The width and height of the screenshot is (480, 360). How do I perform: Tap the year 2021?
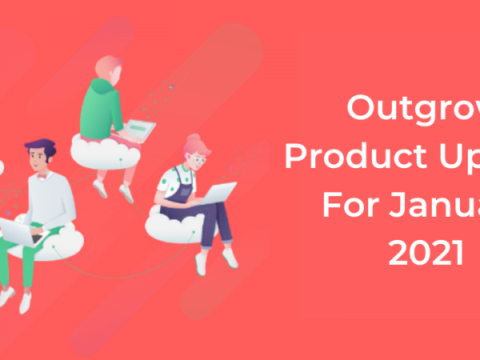tap(425, 254)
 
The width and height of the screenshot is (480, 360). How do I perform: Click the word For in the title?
tap(350, 205)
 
